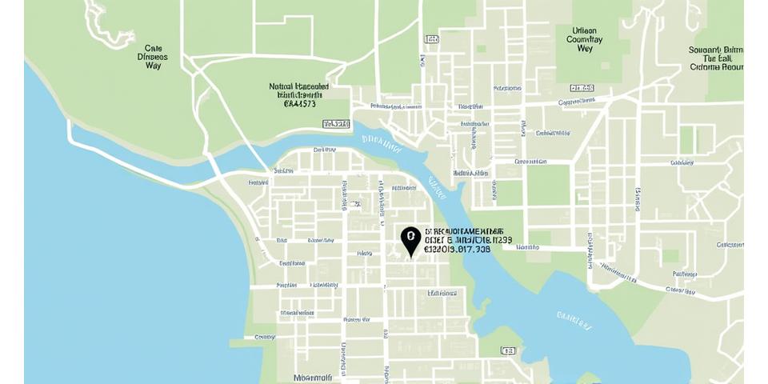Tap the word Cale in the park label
point(153,48)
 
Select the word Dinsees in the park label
point(153,57)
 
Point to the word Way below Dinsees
point(153,66)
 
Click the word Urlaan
point(585,30)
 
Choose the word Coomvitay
point(585,39)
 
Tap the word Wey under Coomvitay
point(585,49)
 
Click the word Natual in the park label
point(281,86)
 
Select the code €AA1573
point(300,103)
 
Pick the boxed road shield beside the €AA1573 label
point(336,124)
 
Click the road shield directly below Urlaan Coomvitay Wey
point(582,87)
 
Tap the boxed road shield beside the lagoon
point(508,350)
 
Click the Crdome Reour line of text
point(716,67)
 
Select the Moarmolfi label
point(312,378)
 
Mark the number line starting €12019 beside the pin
point(457,249)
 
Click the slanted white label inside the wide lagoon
point(574,321)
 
